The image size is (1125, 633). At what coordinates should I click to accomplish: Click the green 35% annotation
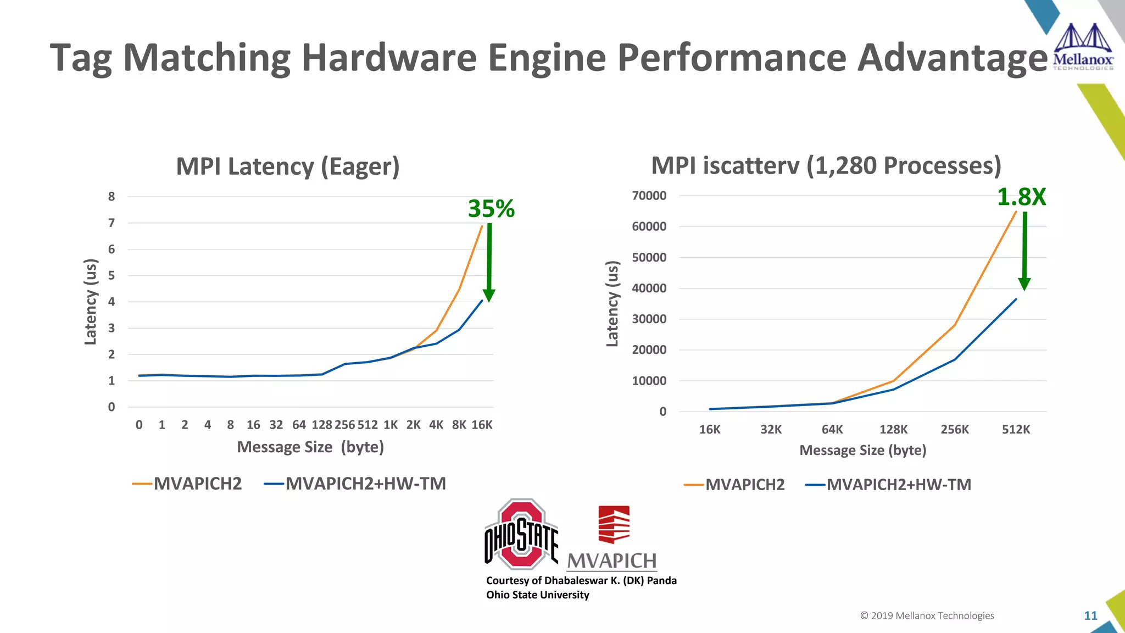point(491,209)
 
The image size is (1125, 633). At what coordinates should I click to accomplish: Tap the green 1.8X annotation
point(1021,197)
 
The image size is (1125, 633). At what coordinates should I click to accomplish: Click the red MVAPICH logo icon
point(614,524)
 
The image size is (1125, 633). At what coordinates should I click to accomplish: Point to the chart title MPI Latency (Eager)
point(287,166)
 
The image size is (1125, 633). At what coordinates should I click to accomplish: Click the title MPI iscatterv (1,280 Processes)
point(826,165)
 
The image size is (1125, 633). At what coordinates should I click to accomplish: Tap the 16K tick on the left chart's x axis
point(482,425)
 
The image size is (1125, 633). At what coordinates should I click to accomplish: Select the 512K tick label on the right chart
point(1016,430)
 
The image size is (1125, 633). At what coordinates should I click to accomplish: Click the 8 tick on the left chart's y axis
point(112,197)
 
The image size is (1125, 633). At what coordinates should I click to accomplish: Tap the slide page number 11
point(1090,615)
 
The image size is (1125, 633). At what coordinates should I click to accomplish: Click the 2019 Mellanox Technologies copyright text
point(927,615)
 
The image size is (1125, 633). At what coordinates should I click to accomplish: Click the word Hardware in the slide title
point(388,57)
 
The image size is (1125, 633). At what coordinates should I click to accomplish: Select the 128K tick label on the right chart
point(893,430)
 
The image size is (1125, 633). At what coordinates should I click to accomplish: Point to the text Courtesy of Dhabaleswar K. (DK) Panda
point(581,580)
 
